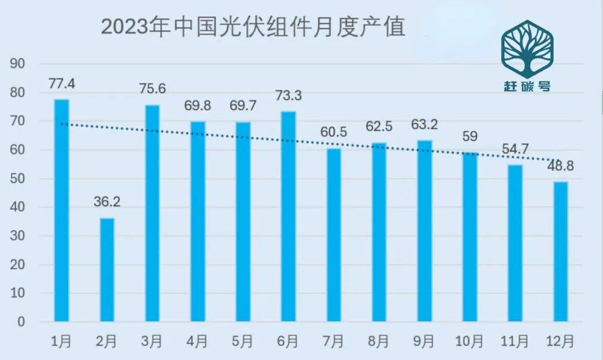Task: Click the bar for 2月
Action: (x=107, y=270)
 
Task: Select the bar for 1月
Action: (x=61, y=210)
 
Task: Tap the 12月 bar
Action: (x=561, y=251)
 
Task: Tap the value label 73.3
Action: (x=288, y=96)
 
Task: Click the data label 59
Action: (x=470, y=136)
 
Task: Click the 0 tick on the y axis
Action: (x=21, y=322)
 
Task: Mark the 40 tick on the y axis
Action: (x=18, y=207)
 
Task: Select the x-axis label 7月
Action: (x=333, y=340)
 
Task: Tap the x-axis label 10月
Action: (x=470, y=340)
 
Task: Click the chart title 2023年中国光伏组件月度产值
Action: (x=253, y=27)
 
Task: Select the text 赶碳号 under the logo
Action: (x=527, y=87)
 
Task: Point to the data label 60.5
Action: (x=333, y=133)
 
